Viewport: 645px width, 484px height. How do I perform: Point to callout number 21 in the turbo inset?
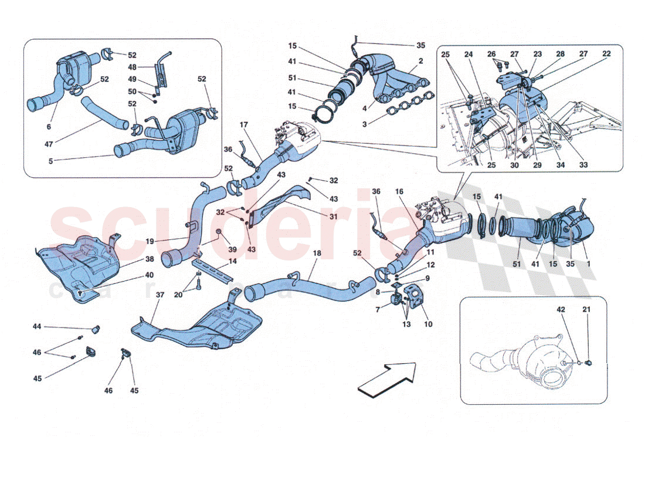(586, 309)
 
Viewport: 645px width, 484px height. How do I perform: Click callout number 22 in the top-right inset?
(606, 54)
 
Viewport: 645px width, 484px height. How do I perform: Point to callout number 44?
(38, 326)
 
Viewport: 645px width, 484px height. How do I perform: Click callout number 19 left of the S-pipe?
(150, 241)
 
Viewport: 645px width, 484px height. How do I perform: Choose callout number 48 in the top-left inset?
(133, 67)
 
